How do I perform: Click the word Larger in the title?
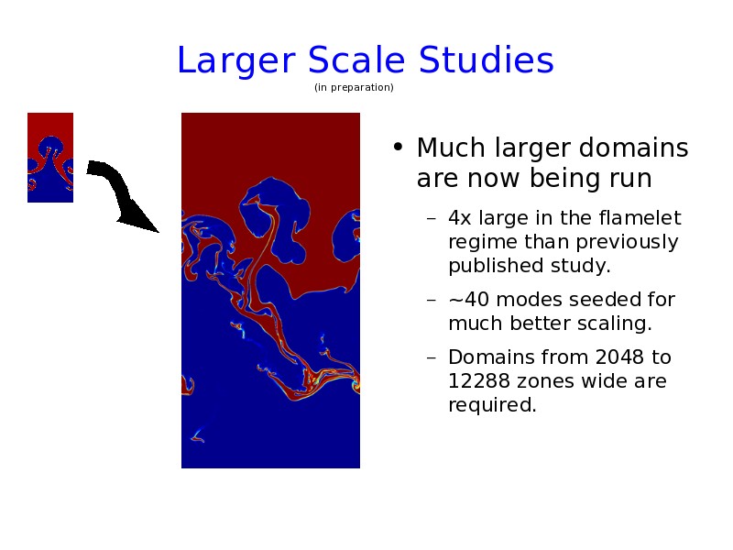(x=236, y=61)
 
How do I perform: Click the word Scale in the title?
(x=356, y=60)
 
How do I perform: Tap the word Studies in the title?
(x=486, y=60)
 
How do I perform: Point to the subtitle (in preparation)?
(x=354, y=87)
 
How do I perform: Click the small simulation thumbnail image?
(x=50, y=158)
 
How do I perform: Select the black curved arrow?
(x=123, y=194)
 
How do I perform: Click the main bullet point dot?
(x=398, y=148)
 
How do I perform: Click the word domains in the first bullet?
(x=633, y=148)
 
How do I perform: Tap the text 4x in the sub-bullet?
(x=459, y=218)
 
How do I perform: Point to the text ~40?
(x=468, y=300)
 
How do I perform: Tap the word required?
(x=492, y=406)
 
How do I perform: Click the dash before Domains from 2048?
(x=432, y=358)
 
